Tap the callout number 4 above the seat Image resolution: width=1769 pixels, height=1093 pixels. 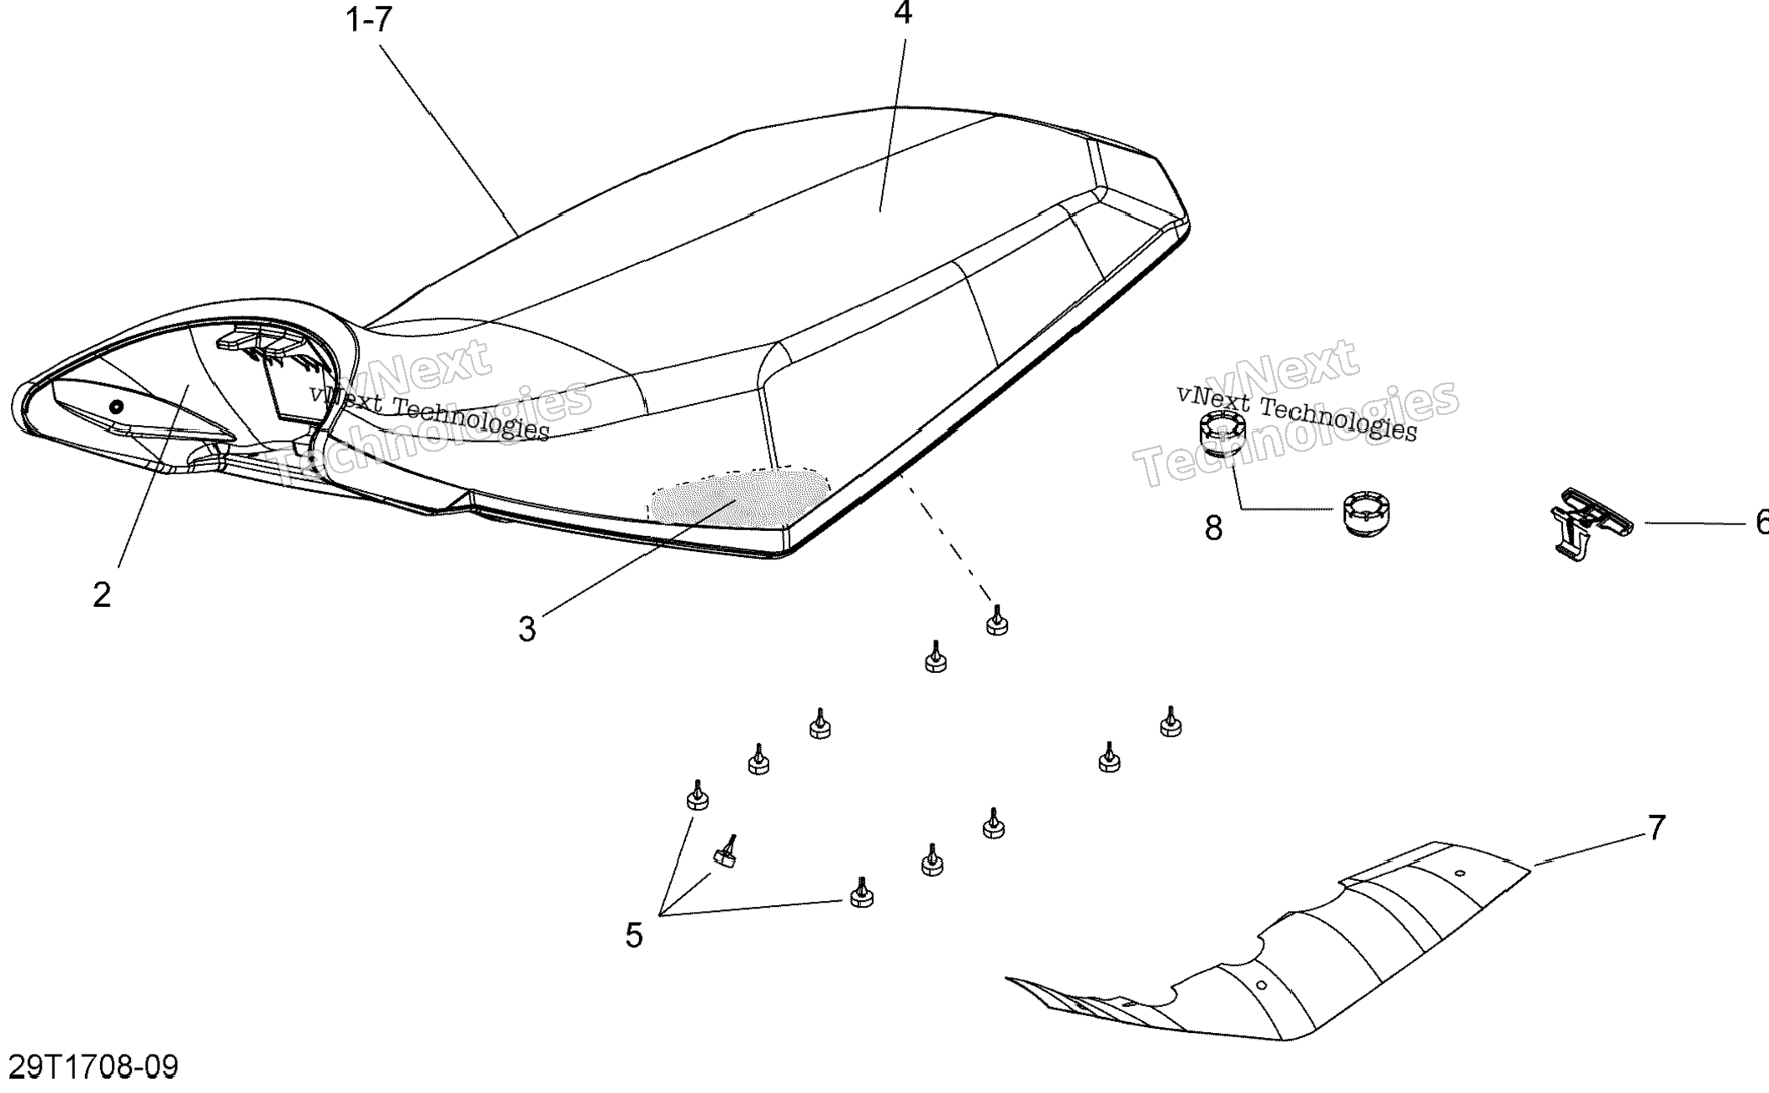point(903,13)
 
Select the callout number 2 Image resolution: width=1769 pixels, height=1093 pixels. point(102,595)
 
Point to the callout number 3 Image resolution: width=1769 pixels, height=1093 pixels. point(527,630)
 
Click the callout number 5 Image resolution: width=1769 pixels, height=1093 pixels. point(634,936)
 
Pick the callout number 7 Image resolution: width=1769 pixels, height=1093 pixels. point(1656,827)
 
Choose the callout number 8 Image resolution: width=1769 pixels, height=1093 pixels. point(1213,528)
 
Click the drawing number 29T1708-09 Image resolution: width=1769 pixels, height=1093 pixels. point(93,1067)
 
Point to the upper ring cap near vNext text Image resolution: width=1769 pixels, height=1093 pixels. point(1222,433)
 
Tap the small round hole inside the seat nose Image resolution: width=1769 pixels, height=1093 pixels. point(116,407)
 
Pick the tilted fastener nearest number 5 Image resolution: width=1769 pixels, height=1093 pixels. point(725,855)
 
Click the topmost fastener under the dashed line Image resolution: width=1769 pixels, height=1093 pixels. point(996,622)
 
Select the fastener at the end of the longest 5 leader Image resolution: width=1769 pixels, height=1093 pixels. point(861,894)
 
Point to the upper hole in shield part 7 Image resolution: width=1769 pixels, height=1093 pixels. point(1459,873)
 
